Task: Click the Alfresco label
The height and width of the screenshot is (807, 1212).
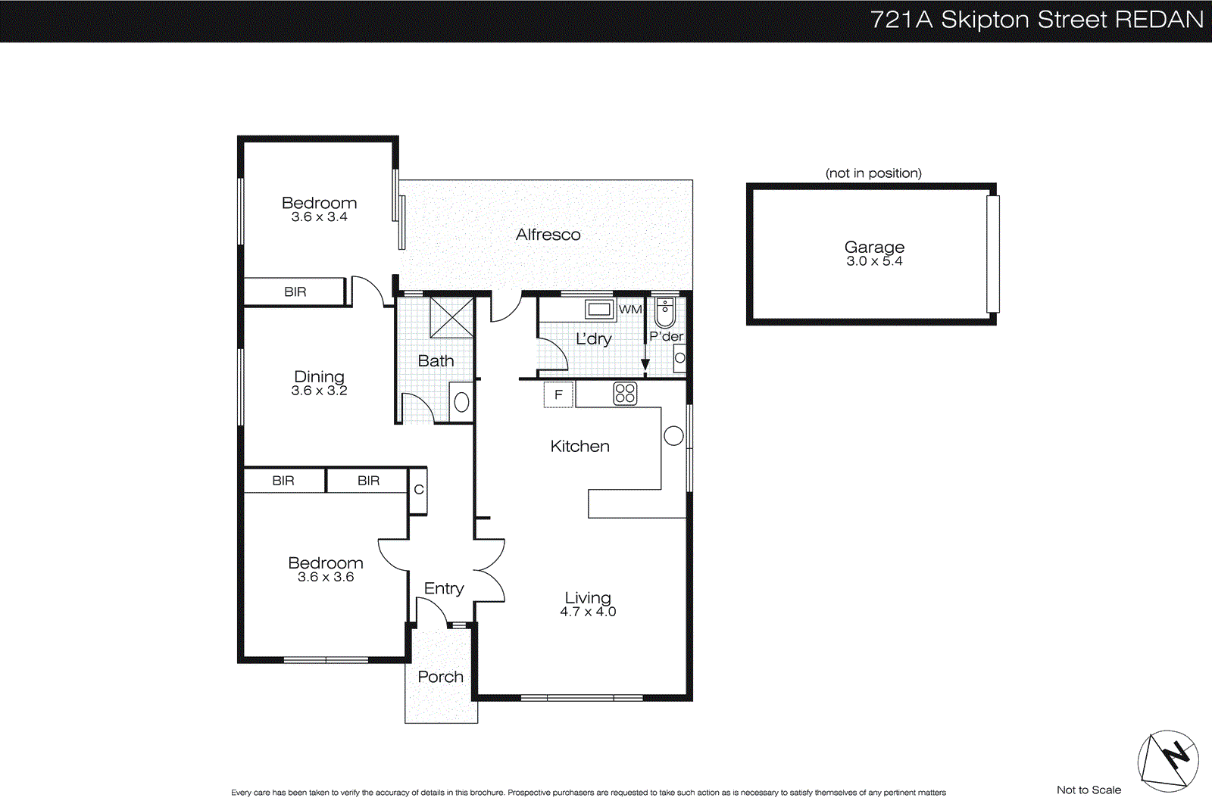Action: click(548, 235)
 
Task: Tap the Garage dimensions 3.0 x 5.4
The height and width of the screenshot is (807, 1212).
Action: click(874, 261)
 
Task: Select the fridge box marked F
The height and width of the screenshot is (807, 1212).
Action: click(558, 394)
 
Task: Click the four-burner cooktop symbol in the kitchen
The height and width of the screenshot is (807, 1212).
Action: click(625, 394)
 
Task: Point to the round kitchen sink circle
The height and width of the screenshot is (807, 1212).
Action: click(673, 435)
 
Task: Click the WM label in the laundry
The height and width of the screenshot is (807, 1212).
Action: click(629, 309)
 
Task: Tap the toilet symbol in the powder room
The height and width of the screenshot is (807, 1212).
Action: click(665, 311)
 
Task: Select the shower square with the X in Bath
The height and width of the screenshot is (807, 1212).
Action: click(451, 317)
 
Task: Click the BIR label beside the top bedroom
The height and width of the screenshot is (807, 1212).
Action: click(295, 291)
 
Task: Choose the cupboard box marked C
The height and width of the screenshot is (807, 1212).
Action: click(418, 490)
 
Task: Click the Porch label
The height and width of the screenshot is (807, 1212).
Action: click(440, 677)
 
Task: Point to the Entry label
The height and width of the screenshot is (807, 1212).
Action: click(443, 588)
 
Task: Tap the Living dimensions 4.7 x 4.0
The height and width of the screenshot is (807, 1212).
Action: click(588, 612)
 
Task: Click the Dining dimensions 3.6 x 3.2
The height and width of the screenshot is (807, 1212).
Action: click(319, 391)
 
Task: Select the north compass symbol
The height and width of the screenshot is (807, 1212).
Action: click(1167, 760)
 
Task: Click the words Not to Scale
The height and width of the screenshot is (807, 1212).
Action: click(1089, 790)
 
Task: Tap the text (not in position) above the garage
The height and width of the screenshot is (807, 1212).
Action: click(873, 173)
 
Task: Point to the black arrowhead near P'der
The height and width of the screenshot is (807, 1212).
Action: click(645, 365)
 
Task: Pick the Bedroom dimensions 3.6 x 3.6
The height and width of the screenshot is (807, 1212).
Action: click(326, 577)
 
